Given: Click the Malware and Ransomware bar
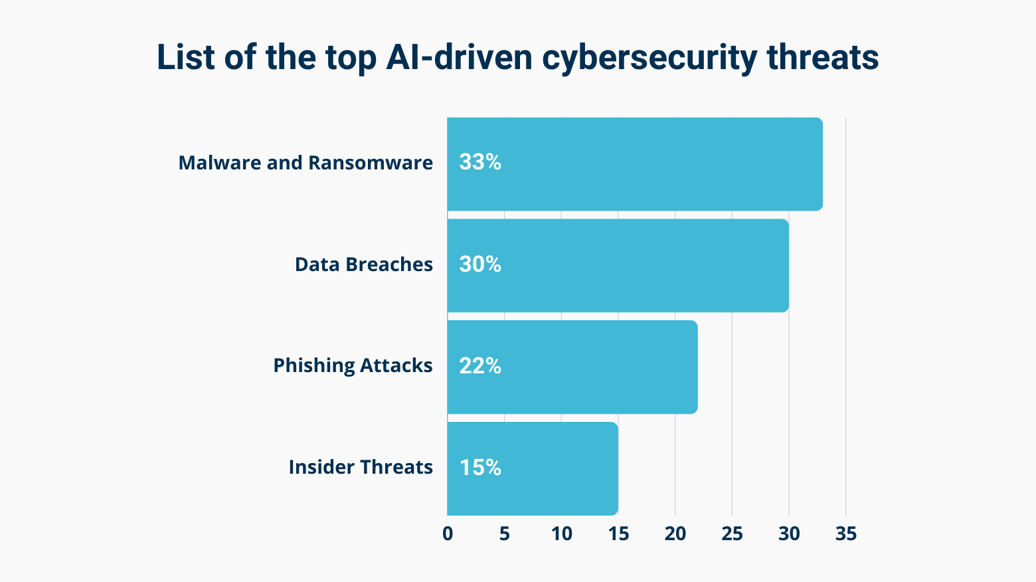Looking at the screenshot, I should (635, 164).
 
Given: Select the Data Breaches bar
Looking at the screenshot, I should (618, 266).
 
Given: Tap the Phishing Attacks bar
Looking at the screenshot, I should (572, 367).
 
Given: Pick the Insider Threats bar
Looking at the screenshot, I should (533, 468).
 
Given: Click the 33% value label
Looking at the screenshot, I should (480, 162).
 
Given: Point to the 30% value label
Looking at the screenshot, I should (480, 264).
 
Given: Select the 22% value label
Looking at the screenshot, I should (480, 365).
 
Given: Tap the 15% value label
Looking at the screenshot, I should (480, 468).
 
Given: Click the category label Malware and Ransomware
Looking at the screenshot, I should (305, 163).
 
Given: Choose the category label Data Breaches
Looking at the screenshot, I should (364, 264).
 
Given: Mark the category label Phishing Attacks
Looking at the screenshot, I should (353, 365).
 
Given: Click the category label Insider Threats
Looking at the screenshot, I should (361, 467).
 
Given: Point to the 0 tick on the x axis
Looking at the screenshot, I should (448, 533).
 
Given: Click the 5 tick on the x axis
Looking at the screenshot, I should (505, 533).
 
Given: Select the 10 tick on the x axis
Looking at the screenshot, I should (561, 533).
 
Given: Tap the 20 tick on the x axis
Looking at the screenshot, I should (675, 533).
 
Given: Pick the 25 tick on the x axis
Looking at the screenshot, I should (732, 533).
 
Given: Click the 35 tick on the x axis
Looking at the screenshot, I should (846, 533).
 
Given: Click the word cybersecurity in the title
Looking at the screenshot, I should (649, 58).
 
